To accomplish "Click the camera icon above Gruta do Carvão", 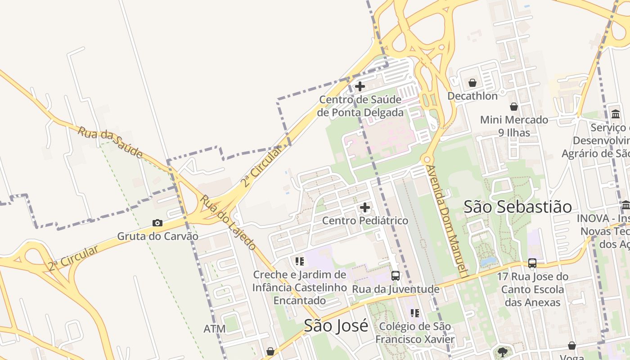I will (157, 223).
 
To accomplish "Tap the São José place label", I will (336, 325).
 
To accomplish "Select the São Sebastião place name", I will (517, 207).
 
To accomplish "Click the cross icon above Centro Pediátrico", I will (365, 207).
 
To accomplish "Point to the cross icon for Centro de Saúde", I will (360, 86).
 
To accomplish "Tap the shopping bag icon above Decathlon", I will (472, 83).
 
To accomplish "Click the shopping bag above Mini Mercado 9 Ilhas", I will (513, 107).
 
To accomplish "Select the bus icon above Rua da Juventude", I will (395, 276).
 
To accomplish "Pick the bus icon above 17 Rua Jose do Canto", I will (532, 263).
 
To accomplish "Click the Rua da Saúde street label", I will (110, 143).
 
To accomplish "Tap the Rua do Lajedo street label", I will (228, 222).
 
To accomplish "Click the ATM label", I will (215, 329).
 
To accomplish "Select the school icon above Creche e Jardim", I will (299, 261).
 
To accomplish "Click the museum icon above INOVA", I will (625, 205).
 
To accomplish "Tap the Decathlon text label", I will (472, 96).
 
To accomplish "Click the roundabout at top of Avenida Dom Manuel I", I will (426, 160).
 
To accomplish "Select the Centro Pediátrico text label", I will (365, 220).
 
